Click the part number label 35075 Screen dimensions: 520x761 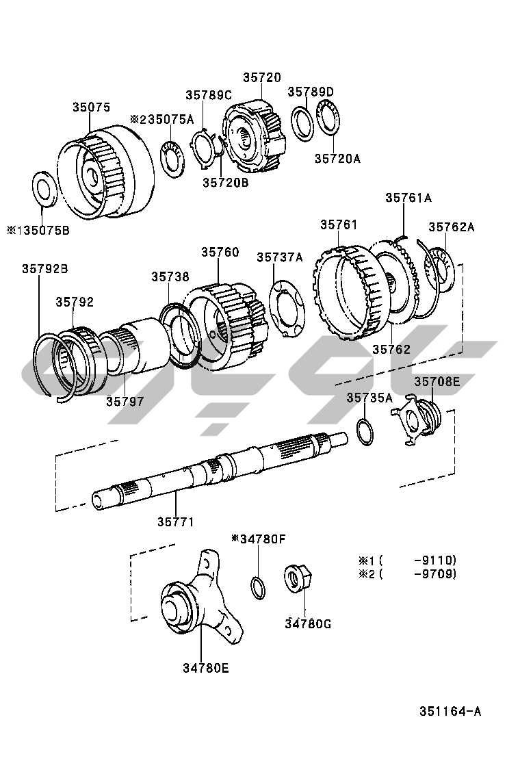pos(92,107)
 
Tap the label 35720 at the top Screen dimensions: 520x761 pos(262,77)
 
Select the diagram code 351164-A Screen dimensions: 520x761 pos(450,711)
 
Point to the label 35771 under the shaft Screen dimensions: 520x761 pos(176,521)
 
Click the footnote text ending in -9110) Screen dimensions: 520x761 pos(408,560)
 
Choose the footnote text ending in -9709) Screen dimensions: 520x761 pos(408,573)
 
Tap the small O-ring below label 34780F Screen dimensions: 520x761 pos(258,588)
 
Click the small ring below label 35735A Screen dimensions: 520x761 pos(365,431)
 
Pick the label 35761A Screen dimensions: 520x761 pos(408,198)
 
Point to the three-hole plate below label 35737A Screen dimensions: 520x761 pos(287,309)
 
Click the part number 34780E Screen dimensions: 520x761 pos(206,668)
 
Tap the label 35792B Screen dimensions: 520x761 pos(44,268)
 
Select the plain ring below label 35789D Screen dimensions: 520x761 pos(302,124)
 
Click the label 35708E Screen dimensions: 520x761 pos(437,381)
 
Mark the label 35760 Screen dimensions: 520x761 pos(220,252)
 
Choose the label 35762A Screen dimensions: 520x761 pos(451,227)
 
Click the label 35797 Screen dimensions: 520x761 pos(125,401)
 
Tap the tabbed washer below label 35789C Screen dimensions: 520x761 pos(203,149)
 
